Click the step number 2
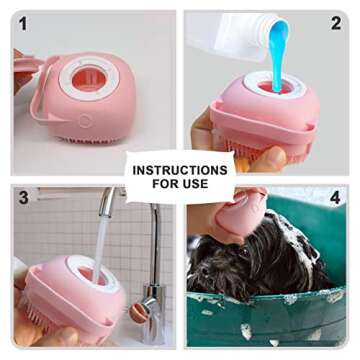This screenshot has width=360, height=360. [x=336, y=23]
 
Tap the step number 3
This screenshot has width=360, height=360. [x=23, y=198]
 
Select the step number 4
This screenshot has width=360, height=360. [x=336, y=198]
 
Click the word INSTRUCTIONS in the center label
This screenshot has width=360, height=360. [x=180, y=171]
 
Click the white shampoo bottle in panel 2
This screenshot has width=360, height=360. [x=225, y=36]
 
